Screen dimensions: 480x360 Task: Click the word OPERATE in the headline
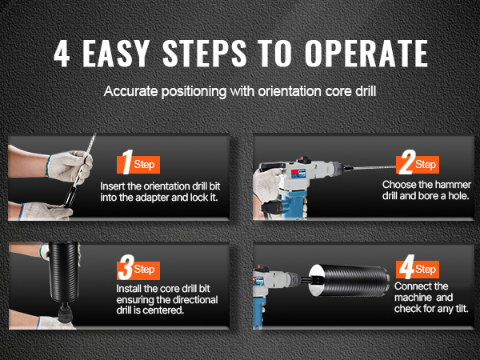[x=366, y=54]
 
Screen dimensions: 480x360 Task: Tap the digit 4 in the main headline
[x=62, y=54]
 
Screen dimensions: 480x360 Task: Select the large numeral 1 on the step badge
[x=128, y=162]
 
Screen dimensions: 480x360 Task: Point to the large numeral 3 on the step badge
[x=126, y=267]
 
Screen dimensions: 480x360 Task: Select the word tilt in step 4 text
[x=462, y=308]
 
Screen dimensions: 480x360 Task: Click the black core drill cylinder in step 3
[x=63, y=271]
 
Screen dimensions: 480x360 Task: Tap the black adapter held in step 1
[x=70, y=195]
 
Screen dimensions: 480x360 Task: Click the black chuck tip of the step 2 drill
[x=348, y=168]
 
